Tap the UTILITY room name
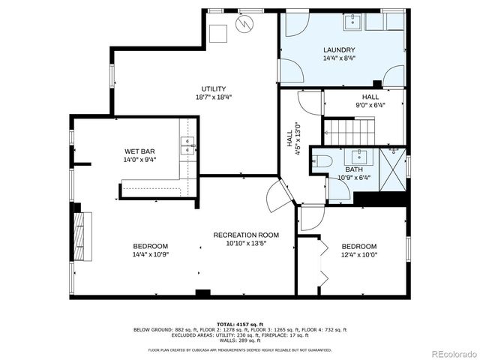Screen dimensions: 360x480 pyautogui.click(x=213, y=89)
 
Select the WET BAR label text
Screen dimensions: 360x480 pyautogui.click(x=139, y=151)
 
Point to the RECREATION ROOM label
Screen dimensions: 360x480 pyautogui.click(x=240, y=235)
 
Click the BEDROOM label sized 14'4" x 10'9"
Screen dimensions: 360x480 pyautogui.click(x=150, y=247)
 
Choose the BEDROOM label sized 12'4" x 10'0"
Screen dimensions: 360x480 pyautogui.click(x=358, y=247)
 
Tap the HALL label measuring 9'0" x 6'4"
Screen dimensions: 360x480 pyautogui.click(x=370, y=97)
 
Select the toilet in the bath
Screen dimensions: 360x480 pyautogui.click(x=320, y=160)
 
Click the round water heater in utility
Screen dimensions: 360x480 pyautogui.click(x=244, y=23)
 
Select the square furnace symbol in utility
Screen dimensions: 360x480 pyautogui.click(x=218, y=34)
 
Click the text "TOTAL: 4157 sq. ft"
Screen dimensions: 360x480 pyautogui.click(x=240, y=323)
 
